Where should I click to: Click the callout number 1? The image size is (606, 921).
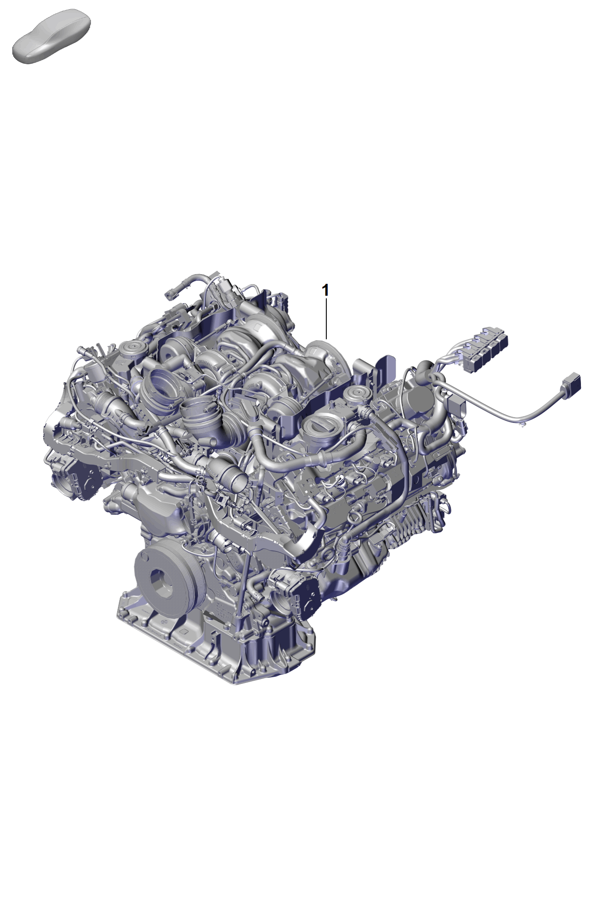tap(325, 290)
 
